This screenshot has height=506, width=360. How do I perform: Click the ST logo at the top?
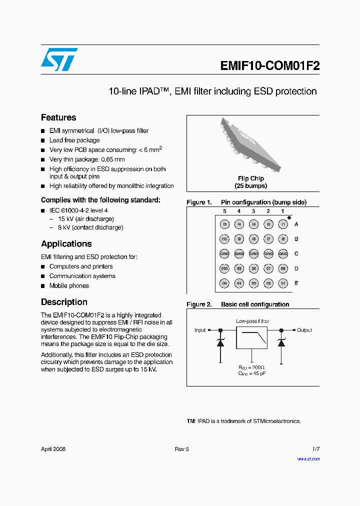point(59,59)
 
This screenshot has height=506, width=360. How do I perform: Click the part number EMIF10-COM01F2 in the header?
point(269,66)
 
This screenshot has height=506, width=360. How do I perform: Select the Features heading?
point(58,117)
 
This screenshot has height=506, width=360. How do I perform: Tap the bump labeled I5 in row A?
point(225,224)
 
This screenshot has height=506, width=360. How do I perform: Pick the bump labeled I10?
point(225,239)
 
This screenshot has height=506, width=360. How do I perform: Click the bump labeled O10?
point(225,268)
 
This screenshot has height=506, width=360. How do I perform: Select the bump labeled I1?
point(283,224)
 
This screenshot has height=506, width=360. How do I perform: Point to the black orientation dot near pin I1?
point(289,218)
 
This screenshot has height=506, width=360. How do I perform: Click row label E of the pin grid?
point(296,283)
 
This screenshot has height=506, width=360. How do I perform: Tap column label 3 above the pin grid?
point(253,211)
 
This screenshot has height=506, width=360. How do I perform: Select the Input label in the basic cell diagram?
point(200,330)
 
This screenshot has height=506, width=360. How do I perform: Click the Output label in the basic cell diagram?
point(304,330)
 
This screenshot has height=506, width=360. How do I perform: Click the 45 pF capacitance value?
point(251,373)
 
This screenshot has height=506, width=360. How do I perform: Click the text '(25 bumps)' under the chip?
point(251,186)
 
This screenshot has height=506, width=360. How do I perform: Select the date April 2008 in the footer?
point(53,449)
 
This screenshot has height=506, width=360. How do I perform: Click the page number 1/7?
point(315,449)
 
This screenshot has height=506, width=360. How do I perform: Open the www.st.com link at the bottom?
point(308,459)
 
